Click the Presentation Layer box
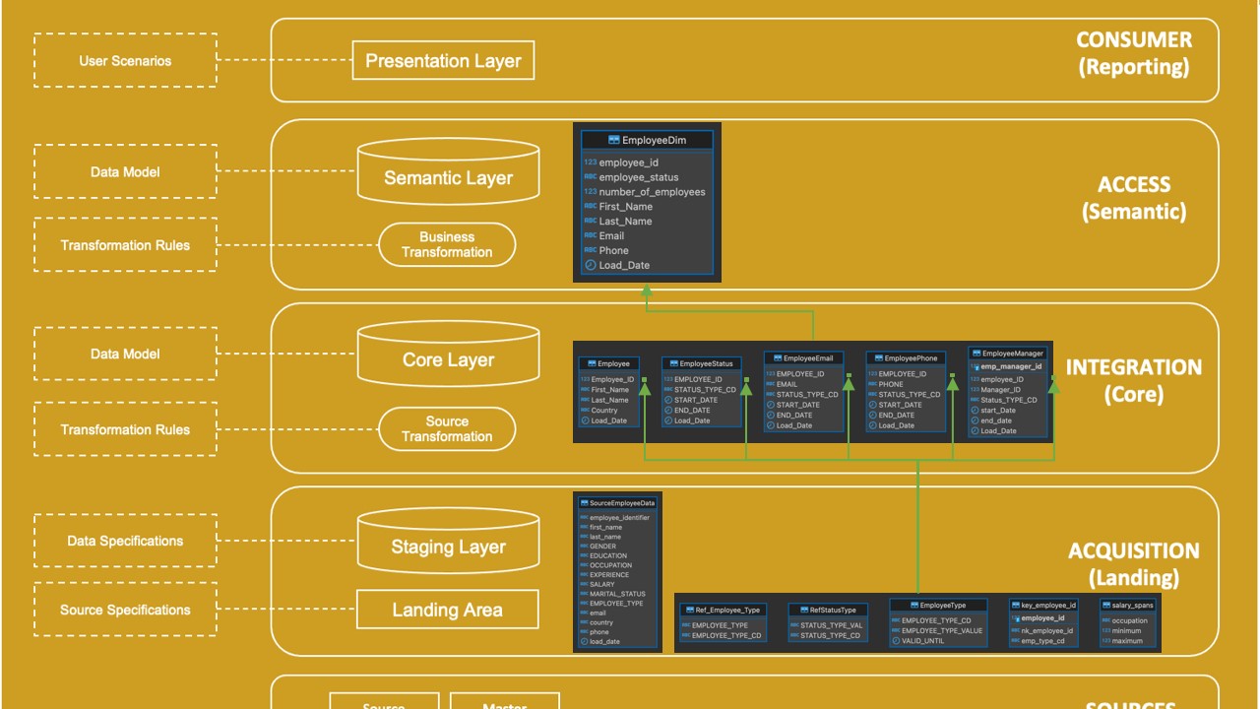point(443,60)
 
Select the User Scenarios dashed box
point(125,61)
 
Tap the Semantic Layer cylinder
point(448,177)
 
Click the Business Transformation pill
point(447,244)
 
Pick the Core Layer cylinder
point(448,359)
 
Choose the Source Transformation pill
point(447,429)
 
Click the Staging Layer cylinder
point(448,547)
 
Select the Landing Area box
point(447,610)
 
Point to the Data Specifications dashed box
point(125,541)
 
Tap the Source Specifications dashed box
point(125,610)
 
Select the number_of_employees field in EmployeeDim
point(652,192)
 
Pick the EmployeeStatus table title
point(706,363)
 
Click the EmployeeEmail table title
point(807,358)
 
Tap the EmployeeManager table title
point(1012,354)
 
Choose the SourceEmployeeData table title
point(620,502)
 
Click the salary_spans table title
point(1132,605)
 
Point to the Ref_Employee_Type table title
point(726,610)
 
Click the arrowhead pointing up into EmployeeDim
point(647,290)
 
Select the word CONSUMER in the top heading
point(1133,40)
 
